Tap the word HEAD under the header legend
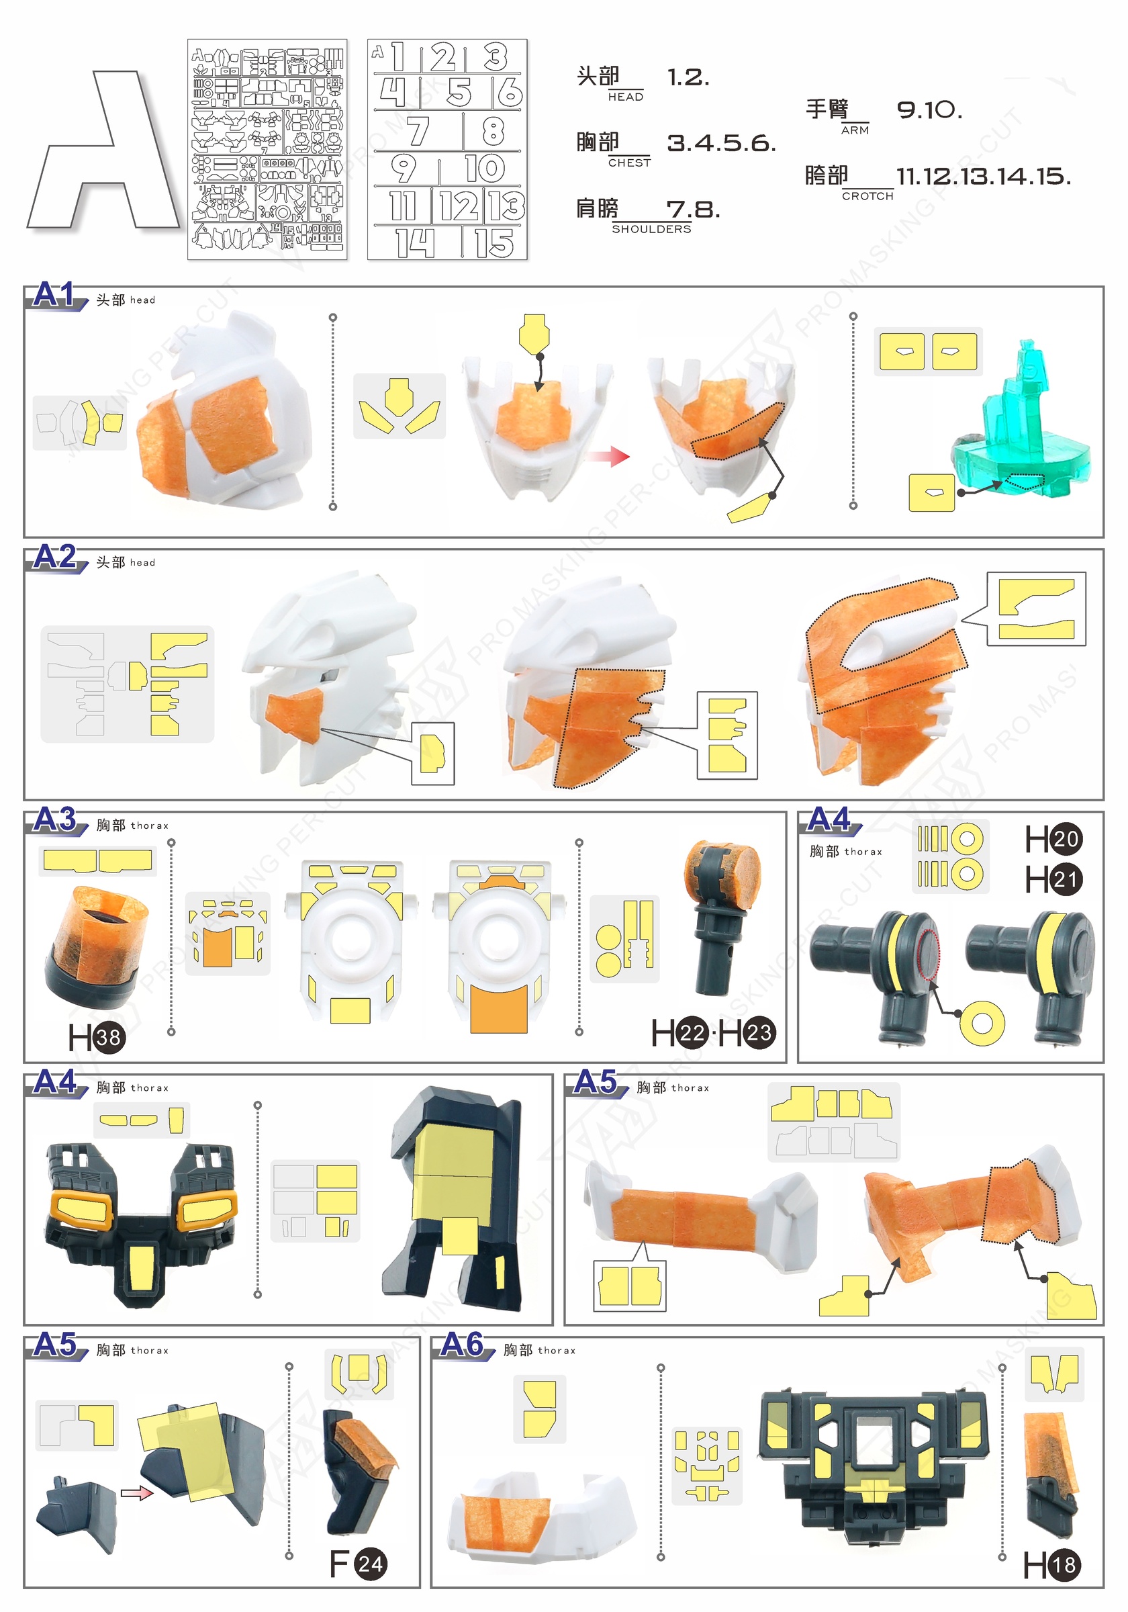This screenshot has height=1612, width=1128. tap(625, 97)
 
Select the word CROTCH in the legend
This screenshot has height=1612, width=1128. tap(867, 197)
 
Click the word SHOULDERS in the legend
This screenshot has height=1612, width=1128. tap(651, 230)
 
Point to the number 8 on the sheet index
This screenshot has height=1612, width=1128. tap(493, 130)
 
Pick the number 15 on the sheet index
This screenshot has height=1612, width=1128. tap(494, 244)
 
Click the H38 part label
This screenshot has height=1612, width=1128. tap(97, 1038)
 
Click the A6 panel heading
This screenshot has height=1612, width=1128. tap(462, 1345)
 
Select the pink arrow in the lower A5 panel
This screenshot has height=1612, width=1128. tap(137, 1493)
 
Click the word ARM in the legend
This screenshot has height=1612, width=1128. tap(855, 130)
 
